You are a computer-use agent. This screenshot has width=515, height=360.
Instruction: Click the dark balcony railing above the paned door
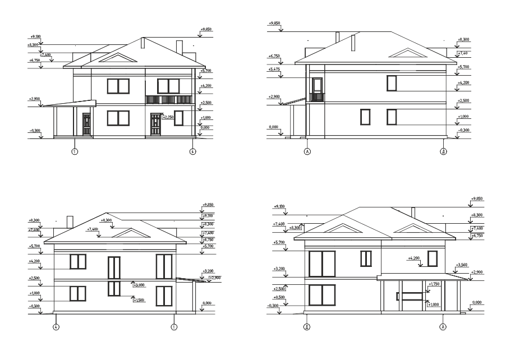point(168,100)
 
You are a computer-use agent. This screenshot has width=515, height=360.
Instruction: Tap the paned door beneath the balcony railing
point(155,123)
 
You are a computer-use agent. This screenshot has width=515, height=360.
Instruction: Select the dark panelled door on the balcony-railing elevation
point(86,123)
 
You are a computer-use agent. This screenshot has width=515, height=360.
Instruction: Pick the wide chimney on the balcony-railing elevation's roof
point(179,47)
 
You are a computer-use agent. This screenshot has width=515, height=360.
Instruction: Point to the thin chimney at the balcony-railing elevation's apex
point(143,43)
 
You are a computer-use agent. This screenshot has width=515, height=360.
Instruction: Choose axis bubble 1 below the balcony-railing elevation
point(74,151)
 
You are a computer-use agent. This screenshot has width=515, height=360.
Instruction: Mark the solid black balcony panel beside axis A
point(317,96)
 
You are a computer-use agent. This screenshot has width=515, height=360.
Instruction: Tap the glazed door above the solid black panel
point(318,85)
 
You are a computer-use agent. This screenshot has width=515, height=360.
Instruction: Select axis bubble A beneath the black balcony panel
point(307,151)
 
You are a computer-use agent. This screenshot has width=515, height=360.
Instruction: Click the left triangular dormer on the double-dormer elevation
point(337,228)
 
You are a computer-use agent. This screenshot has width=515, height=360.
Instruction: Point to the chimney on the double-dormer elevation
point(413,213)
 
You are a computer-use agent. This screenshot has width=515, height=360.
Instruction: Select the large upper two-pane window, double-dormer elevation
point(322,264)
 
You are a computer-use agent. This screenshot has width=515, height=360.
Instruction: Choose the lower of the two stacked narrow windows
point(114,289)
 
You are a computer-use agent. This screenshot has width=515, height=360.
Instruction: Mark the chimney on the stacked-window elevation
point(70,221)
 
